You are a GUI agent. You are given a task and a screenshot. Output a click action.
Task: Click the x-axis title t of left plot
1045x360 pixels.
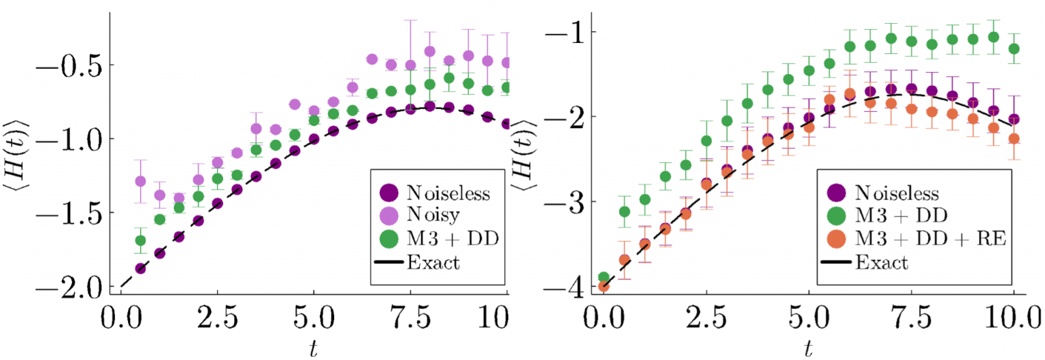pos(312,348)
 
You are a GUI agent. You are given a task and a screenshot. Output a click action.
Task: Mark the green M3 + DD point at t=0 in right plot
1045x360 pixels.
pos(603,277)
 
